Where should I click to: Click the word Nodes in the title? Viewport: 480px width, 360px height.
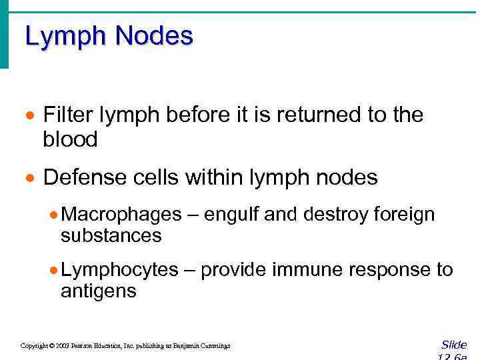point(153,35)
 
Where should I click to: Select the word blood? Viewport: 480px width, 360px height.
point(70,139)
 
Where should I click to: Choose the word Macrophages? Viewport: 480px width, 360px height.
point(121,215)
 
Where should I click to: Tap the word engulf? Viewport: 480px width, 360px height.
point(233,215)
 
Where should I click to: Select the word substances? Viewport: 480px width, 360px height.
point(111,235)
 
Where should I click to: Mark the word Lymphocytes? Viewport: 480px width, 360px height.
point(119,270)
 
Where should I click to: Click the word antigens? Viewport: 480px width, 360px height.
point(98,291)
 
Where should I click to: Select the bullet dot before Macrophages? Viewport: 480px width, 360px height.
point(54,215)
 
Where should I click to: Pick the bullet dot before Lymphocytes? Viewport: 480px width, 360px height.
point(54,271)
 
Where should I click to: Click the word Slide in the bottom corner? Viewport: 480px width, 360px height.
point(454,345)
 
